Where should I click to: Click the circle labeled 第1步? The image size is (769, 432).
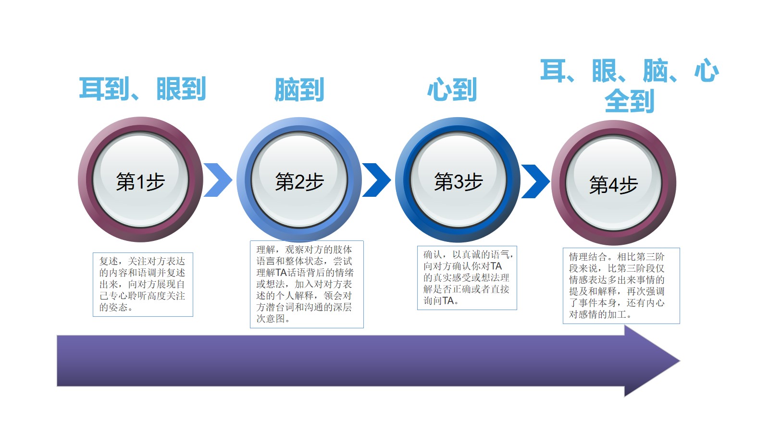tap(140, 180)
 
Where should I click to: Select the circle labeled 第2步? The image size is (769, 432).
tap(299, 180)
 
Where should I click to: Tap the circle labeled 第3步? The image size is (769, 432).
tap(458, 180)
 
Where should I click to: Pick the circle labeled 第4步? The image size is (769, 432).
tap(614, 182)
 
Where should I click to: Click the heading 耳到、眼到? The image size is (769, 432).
tap(142, 89)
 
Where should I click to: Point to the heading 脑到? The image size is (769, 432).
tap(299, 89)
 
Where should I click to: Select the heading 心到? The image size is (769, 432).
tap(452, 89)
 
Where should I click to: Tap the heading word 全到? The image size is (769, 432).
tap(629, 101)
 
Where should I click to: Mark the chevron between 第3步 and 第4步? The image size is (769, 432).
tap(535, 181)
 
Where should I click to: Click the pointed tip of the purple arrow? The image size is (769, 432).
tap(680, 360)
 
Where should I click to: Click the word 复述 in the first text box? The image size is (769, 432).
tap(109, 261)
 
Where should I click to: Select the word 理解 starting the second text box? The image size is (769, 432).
tap(266, 250)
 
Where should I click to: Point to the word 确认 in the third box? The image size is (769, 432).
tap(433, 255)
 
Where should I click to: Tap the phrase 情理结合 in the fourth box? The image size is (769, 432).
tap(588, 257)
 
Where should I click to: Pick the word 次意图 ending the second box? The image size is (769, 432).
tap(271, 319)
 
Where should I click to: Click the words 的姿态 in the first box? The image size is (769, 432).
tap(113, 307)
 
